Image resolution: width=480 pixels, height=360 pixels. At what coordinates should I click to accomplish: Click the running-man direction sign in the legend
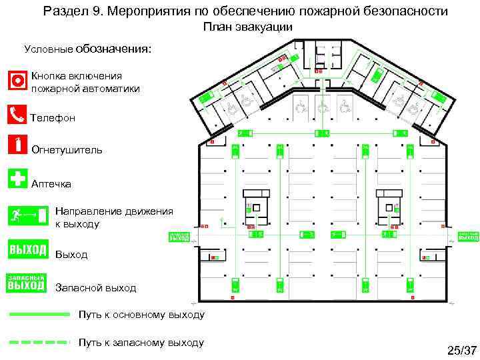tap(27, 215)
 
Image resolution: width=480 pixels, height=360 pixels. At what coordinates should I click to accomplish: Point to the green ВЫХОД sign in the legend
tap(27, 250)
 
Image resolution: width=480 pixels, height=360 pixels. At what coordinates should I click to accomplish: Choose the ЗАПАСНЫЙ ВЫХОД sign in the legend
tap(27, 283)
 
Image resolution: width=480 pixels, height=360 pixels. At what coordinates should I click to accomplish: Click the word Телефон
tap(53, 118)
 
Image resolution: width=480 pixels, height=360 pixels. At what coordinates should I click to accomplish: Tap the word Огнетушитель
tap(67, 149)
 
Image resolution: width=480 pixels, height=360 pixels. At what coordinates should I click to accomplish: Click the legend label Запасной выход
tap(95, 288)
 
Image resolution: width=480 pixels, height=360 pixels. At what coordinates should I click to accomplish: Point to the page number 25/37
tap(462, 351)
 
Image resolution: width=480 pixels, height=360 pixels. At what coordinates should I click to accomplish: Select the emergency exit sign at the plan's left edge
tap(179, 236)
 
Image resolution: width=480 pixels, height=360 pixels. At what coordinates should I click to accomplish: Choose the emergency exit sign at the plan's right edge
tap(469, 235)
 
